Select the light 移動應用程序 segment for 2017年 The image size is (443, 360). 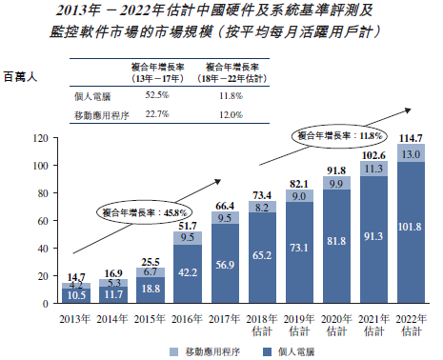point(226,217)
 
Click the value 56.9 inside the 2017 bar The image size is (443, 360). point(226,266)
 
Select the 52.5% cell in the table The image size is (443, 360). point(156,95)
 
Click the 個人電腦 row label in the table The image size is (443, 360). point(93,95)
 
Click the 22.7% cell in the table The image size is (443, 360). point(156,114)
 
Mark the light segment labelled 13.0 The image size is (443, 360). point(412,153)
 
